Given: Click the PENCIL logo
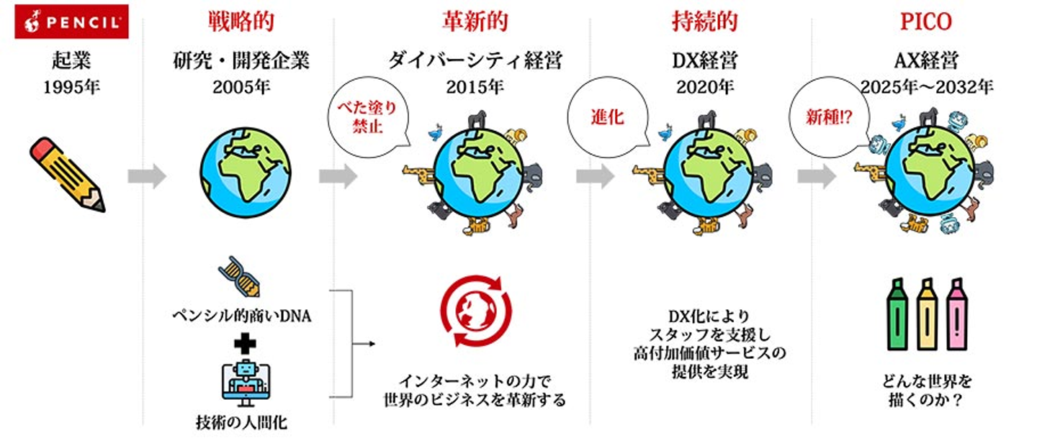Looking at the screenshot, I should coord(71,22).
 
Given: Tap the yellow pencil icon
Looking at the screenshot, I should coord(68,175).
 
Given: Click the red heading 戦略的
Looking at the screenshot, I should coord(241,22).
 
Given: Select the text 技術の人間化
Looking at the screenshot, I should coord(241,422).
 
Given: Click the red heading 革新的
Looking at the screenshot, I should coord(475,22).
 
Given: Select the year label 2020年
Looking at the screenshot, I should coord(704,88).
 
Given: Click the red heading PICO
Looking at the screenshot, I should coord(925,22).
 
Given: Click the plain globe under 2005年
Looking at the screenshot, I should coord(241,167).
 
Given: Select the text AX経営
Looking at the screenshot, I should coord(926,61).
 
